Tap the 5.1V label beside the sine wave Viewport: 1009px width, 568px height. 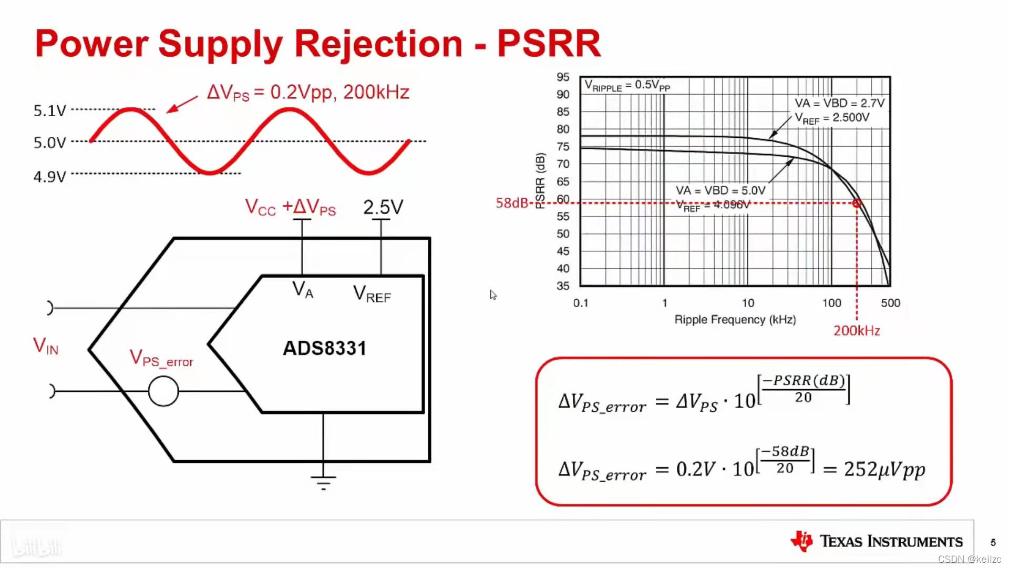click(50, 110)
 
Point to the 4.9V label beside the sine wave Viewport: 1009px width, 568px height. click(50, 176)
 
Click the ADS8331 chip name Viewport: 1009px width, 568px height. click(324, 348)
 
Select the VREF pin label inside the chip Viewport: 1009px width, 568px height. click(372, 294)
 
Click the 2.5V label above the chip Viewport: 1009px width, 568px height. click(383, 207)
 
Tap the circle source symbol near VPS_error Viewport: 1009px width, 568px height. click(163, 391)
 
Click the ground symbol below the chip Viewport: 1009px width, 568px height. click(323, 482)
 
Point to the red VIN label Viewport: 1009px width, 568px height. click(46, 346)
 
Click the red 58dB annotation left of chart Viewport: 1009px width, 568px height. click(511, 203)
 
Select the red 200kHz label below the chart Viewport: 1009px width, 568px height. click(857, 331)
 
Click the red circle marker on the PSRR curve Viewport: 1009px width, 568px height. click(857, 203)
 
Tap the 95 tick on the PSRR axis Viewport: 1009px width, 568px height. click(563, 77)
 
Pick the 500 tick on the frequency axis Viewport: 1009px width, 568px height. click(890, 303)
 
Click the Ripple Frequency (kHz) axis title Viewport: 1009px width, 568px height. click(735, 320)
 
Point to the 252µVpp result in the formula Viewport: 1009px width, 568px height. click(884, 469)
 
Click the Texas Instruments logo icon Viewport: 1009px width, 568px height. click(802, 541)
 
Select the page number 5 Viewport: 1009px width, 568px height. click(993, 542)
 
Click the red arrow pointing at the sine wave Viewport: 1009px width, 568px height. click(182, 104)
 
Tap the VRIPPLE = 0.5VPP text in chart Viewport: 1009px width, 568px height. click(627, 85)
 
